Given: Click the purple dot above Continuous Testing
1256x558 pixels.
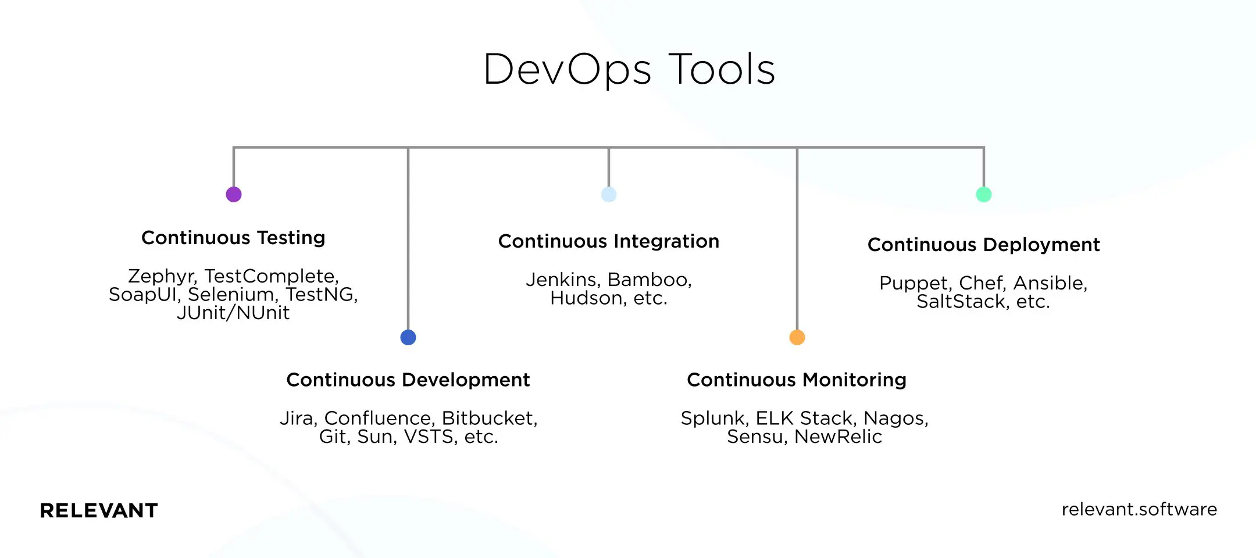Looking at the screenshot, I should point(234,194).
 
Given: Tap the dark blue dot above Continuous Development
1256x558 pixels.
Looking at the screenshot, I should point(408,337).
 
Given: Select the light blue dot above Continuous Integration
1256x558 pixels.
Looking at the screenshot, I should point(609,194).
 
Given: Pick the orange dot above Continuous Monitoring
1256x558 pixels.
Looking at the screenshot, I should point(797,337).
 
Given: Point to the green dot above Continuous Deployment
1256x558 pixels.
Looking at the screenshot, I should point(984,194).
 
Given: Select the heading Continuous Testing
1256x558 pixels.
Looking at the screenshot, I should point(233,238).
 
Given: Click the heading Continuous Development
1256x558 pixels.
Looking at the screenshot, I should point(408,380).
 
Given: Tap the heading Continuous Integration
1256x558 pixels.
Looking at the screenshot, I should point(609,241).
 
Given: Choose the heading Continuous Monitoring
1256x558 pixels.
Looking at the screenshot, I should point(797,380).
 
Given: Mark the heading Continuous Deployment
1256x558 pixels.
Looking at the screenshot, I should point(984,245).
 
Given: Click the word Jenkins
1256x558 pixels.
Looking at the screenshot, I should point(562,280).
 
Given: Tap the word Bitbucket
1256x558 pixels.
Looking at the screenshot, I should point(488,419).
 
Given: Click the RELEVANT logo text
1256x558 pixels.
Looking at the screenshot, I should point(99,510).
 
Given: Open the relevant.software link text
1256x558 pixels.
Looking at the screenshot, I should point(1139,509).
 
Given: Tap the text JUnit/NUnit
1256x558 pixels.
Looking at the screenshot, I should point(233,313).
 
